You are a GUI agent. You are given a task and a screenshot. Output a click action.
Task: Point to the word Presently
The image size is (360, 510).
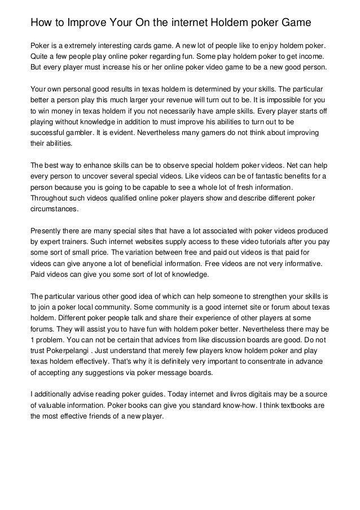(x=49, y=231)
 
